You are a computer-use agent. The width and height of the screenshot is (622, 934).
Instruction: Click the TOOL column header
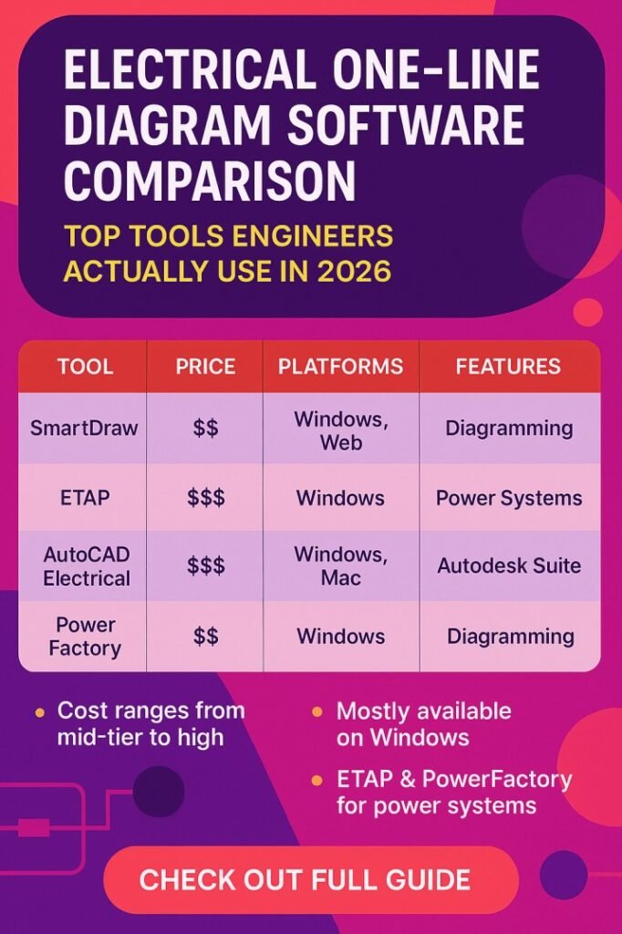tap(85, 367)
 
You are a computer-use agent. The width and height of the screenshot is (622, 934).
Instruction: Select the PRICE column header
tap(205, 367)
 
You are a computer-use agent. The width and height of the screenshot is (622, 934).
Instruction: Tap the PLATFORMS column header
tap(340, 367)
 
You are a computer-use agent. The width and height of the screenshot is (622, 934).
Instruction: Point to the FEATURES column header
tap(508, 367)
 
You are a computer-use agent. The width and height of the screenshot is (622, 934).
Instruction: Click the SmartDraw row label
tap(83, 428)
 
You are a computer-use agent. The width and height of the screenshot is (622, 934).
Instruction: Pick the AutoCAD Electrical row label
tap(86, 566)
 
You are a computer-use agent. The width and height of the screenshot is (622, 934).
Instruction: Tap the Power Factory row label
tap(86, 636)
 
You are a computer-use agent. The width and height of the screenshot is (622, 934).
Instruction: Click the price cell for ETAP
tap(206, 498)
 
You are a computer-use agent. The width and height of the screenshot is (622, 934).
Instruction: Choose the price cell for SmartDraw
tap(206, 428)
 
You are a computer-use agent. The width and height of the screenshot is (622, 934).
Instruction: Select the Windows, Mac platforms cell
tap(340, 566)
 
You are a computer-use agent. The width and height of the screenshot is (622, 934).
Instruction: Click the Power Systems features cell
tap(508, 498)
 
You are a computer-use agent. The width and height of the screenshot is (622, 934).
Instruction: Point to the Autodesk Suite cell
tap(508, 566)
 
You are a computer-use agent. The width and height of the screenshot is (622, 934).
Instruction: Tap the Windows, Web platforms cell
tap(340, 430)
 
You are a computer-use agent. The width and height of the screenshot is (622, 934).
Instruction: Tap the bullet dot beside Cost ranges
tap(39, 711)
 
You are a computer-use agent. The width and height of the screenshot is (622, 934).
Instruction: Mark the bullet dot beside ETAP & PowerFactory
tap(316, 781)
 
